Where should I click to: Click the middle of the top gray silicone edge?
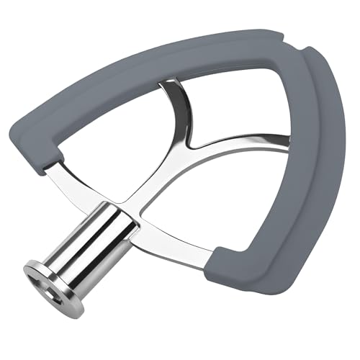tap(158, 58)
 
